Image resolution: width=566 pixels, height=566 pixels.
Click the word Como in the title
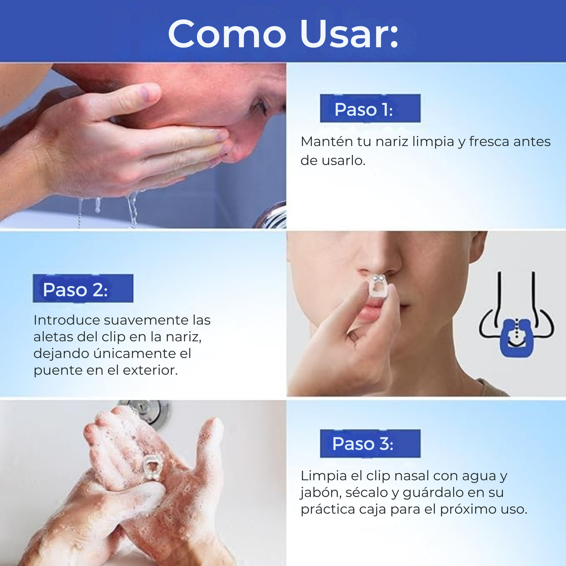227,34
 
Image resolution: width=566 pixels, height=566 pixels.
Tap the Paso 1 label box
370,108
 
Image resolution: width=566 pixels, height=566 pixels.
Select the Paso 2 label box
83,288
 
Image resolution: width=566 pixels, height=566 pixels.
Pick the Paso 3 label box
370,443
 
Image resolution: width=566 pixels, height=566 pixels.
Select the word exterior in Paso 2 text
150,370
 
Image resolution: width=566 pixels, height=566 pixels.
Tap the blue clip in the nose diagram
517,338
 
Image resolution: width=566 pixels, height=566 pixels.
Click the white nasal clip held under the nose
379,286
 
